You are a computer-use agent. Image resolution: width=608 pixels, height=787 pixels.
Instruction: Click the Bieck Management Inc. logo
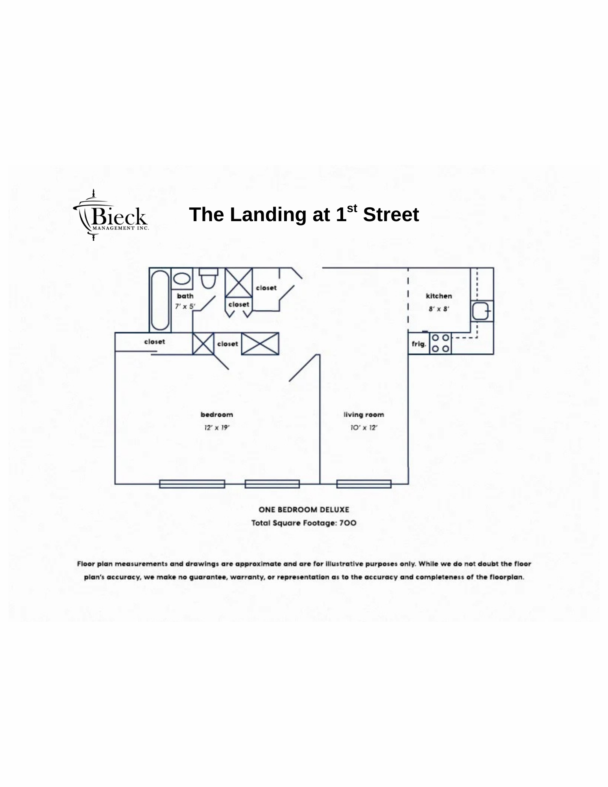click(111, 215)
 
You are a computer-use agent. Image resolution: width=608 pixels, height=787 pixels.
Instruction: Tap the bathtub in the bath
click(160, 300)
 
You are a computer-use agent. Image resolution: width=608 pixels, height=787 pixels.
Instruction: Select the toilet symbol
click(208, 277)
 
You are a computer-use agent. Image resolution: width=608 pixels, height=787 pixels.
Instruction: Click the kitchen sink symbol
click(481, 312)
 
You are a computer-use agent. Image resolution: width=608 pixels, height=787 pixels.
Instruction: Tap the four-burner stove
click(440, 343)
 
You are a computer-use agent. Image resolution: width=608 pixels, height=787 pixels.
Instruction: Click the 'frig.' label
click(419, 344)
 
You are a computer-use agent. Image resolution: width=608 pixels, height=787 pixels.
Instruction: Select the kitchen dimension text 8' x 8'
click(439, 309)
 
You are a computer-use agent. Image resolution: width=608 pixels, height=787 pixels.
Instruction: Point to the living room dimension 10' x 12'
click(364, 428)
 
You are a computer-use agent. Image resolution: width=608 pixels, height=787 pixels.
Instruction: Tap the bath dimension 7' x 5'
click(185, 306)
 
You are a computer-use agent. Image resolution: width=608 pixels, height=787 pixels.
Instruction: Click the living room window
click(364, 484)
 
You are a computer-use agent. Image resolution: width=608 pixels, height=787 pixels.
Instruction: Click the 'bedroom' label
click(217, 414)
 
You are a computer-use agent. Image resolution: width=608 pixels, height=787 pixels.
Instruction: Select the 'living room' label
click(364, 415)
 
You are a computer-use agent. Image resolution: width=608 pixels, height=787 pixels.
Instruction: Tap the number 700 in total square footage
click(348, 523)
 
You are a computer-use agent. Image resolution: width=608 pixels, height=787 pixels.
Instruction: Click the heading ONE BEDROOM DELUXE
click(304, 510)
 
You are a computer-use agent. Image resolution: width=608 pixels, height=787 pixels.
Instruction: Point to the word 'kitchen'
click(439, 296)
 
